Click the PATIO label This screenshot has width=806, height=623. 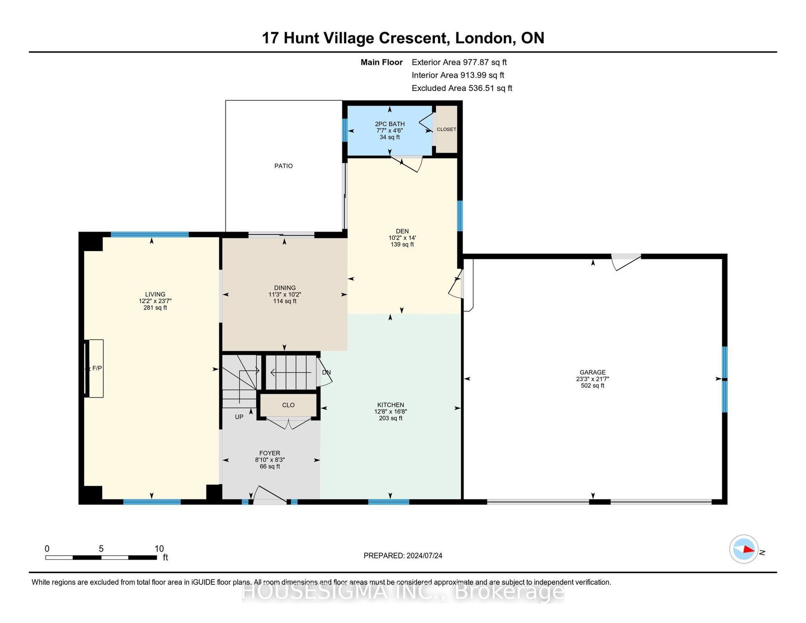pyautogui.click(x=283, y=166)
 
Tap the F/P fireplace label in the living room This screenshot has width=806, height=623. pyautogui.click(x=97, y=368)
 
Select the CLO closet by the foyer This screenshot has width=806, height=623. pyautogui.click(x=288, y=405)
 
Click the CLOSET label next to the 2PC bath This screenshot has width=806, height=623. pyautogui.click(x=446, y=129)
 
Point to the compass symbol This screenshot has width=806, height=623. pyautogui.click(x=744, y=549)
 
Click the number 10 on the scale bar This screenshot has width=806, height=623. pyautogui.click(x=159, y=549)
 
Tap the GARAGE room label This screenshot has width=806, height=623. pyautogui.click(x=592, y=372)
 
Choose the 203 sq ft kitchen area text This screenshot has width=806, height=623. pyautogui.click(x=390, y=418)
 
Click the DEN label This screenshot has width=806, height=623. pyautogui.click(x=402, y=231)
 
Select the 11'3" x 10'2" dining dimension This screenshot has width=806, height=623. pyautogui.click(x=285, y=295)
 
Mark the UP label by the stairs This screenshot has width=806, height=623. pyautogui.click(x=239, y=417)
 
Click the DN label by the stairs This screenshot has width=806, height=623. pyautogui.click(x=326, y=372)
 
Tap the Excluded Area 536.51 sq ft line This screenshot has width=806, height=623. pyautogui.click(x=462, y=88)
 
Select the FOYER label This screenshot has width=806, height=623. pyautogui.click(x=270, y=453)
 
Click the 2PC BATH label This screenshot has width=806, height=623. pyautogui.click(x=390, y=124)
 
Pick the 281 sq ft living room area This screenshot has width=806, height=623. pyautogui.click(x=155, y=308)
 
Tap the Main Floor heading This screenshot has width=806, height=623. pyautogui.click(x=382, y=63)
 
